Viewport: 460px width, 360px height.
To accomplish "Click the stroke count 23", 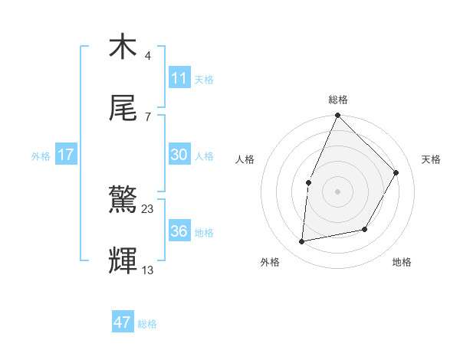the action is [148, 208].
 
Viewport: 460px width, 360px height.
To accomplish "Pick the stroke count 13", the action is [148, 270].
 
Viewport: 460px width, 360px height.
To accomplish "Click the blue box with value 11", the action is [179, 77].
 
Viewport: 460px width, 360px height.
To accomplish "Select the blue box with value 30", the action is [179, 155].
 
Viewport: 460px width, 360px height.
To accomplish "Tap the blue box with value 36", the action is [179, 231].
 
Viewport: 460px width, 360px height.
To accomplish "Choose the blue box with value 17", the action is [66, 155].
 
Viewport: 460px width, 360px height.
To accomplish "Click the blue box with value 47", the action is [123, 322].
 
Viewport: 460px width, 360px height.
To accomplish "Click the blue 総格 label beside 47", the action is [147, 324].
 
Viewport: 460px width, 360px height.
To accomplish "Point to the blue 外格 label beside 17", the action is [41, 156].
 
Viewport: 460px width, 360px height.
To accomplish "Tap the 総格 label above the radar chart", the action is [337, 100].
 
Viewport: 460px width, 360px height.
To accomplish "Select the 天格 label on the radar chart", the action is [431, 159].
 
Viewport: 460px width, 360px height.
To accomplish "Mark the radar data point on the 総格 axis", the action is [337, 116].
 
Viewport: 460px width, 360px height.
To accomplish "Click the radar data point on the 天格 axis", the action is [396, 172].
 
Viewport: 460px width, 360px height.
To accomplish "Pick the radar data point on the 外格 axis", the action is [302, 242].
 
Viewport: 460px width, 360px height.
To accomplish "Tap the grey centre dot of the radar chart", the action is [337, 191].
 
